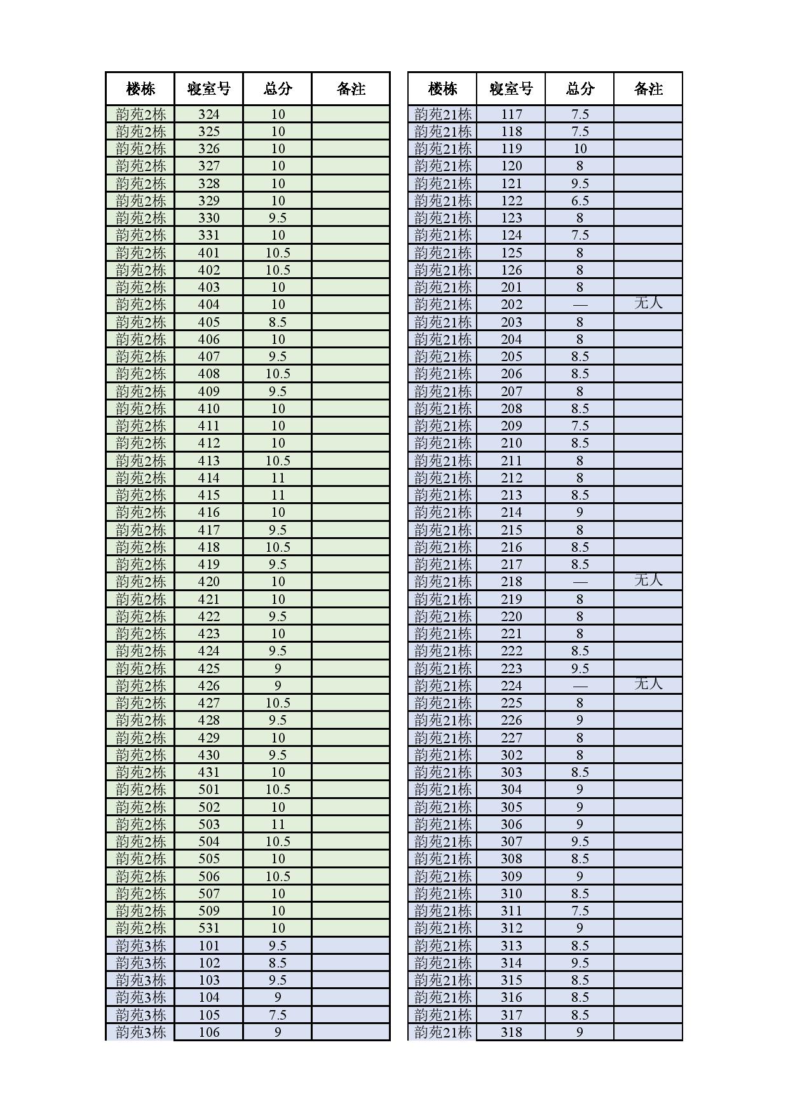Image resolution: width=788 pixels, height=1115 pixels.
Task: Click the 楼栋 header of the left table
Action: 140,88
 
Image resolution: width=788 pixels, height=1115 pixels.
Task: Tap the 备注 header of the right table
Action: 648,88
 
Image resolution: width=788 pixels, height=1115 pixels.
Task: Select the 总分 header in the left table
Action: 278,88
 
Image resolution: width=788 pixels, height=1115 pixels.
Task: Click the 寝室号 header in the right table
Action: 511,88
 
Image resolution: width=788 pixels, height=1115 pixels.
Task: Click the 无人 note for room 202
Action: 648,303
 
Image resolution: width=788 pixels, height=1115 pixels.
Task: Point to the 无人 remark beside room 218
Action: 648,580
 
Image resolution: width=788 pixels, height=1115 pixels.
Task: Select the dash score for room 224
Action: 580,685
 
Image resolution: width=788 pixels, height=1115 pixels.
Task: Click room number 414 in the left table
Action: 208,477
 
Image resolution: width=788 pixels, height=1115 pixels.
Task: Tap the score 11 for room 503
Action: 278,824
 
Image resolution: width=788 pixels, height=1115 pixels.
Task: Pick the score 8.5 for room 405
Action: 278,322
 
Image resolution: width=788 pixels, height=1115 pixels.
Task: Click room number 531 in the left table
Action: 208,927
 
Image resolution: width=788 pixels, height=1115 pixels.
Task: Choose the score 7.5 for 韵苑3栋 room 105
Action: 278,1015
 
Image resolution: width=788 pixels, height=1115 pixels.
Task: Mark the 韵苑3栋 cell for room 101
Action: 140,945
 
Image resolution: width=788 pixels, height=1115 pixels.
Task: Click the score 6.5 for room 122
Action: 580,200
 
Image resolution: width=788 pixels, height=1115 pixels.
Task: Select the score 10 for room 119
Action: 580,148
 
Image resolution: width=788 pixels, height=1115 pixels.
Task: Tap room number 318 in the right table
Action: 511,1032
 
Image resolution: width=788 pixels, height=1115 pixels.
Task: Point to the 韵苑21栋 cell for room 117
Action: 443,114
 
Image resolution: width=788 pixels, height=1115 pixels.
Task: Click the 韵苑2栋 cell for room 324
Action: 140,114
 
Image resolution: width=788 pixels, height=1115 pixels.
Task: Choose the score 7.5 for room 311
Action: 580,910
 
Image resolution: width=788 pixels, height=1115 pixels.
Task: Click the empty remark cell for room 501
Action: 351,789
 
